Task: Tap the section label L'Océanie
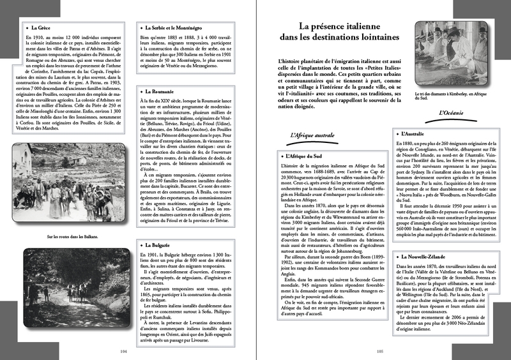coord(455,114)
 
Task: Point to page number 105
coord(379,351)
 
